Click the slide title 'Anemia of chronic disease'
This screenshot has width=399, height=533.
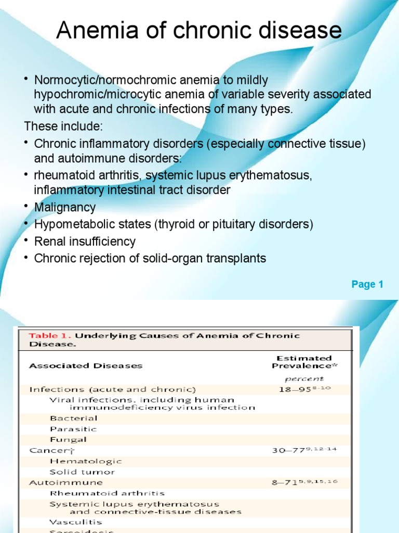[x=199, y=31]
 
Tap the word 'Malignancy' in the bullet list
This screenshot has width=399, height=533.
[x=65, y=207]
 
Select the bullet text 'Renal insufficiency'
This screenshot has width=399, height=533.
[x=85, y=242]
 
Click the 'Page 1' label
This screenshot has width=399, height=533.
[x=367, y=284]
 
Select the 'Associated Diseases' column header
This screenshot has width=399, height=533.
[x=85, y=366]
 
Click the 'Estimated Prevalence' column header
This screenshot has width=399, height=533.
[x=304, y=362]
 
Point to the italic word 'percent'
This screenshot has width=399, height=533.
[x=304, y=379]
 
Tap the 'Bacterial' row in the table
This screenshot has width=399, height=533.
[x=73, y=418]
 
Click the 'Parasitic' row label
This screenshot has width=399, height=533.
[x=73, y=429]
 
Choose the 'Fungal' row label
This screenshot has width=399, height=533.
[x=68, y=440]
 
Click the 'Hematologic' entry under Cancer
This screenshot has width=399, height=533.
[x=86, y=461]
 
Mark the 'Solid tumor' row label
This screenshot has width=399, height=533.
[x=82, y=472]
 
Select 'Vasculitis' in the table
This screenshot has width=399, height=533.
[x=76, y=522]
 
